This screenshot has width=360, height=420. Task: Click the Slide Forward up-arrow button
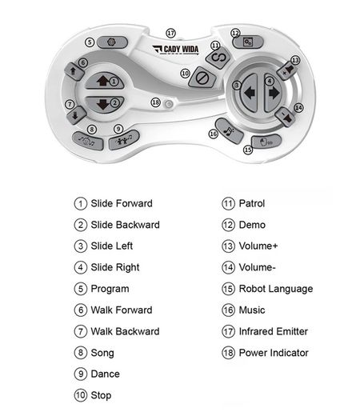[105, 81]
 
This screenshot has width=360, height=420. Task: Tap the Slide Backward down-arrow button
[105, 104]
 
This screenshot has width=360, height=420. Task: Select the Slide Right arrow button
[274, 93]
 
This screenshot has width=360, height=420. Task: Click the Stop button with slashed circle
[202, 78]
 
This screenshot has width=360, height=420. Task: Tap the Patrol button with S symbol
[218, 58]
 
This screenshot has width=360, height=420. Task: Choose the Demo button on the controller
[248, 42]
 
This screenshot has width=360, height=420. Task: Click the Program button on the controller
[112, 42]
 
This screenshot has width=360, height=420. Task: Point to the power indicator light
[169, 104]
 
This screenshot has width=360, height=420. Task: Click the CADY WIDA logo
[176, 50]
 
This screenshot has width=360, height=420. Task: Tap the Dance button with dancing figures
[124, 140]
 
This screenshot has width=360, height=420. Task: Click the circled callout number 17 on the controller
[170, 34]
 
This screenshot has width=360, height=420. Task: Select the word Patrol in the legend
[252, 203]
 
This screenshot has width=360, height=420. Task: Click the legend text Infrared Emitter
[274, 332]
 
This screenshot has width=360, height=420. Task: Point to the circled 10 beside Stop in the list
[81, 395]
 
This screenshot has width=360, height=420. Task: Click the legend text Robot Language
[276, 289]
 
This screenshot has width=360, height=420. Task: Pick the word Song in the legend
[102, 354]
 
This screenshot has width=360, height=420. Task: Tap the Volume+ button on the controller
[287, 70]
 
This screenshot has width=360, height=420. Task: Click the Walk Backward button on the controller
[76, 115]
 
